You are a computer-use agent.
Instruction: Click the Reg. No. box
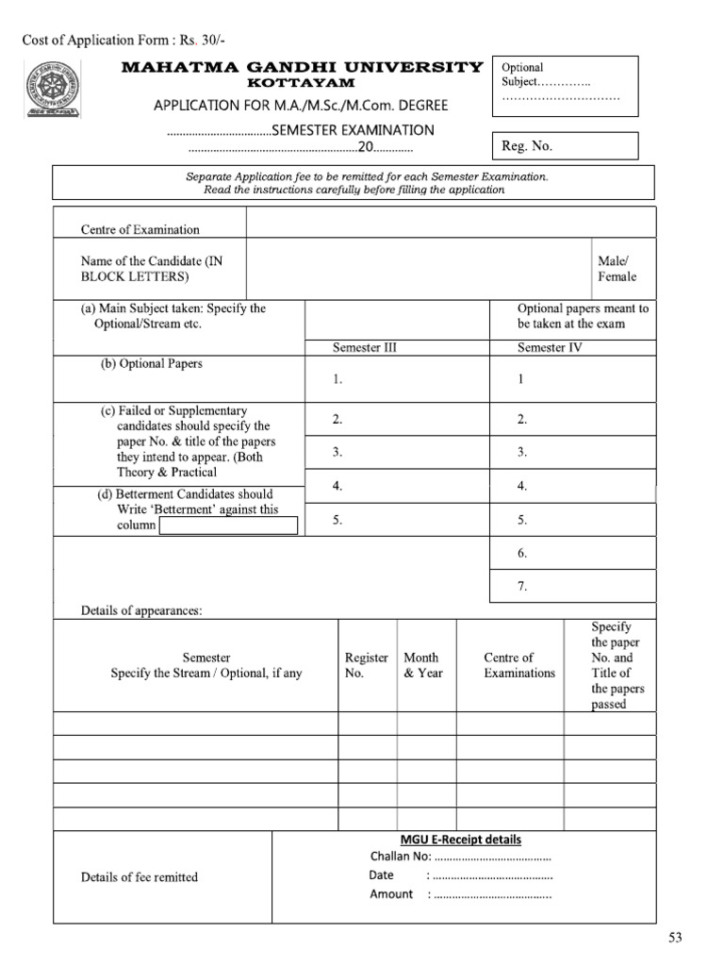click(565, 145)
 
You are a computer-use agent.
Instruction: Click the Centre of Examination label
click(140, 229)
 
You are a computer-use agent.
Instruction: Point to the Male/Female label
click(617, 269)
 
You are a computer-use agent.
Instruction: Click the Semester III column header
click(365, 347)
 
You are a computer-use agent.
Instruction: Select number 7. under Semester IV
click(521, 586)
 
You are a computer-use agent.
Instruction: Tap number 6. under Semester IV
click(521, 553)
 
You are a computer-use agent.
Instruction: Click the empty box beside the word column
click(228, 525)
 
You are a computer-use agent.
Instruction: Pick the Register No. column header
click(367, 665)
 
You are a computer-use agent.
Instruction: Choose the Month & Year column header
click(422, 665)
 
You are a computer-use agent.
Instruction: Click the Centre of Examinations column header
click(509, 665)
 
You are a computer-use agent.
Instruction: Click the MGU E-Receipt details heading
click(461, 839)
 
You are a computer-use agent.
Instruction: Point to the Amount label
click(390, 894)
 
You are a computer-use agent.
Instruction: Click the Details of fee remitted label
click(140, 876)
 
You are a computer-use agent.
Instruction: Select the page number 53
click(675, 937)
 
